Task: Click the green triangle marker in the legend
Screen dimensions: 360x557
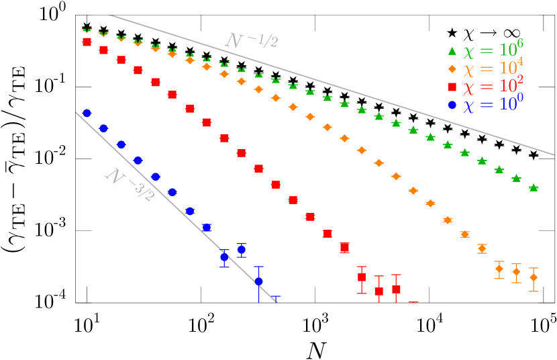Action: tap(452, 51)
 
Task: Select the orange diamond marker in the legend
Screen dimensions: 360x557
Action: tap(452, 69)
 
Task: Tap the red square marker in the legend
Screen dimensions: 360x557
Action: tap(452, 87)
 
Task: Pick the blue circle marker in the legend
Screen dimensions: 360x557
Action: tap(452, 105)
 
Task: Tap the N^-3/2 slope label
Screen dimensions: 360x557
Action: tap(130, 185)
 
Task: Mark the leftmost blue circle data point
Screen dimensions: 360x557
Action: tap(87, 113)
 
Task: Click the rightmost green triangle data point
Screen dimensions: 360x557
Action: tap(534, 188)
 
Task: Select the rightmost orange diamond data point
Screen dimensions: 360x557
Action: tap(534, 277)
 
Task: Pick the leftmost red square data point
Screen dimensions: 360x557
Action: tap(87, 42)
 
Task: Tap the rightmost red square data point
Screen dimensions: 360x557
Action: tap(396, 289)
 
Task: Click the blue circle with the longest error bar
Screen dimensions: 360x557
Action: tap(258, 281)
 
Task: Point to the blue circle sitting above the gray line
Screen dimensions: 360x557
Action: tap(241, 249)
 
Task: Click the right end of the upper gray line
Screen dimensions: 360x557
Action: tap(554, 154)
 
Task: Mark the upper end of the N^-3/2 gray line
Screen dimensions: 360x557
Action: tap(77, 113)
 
